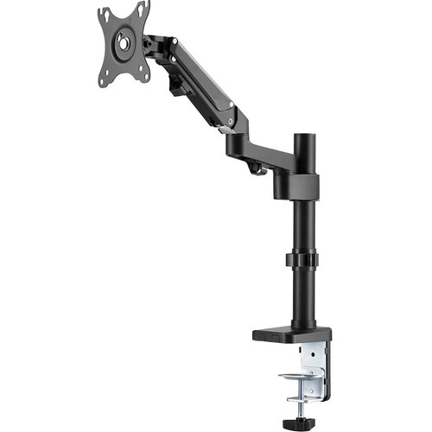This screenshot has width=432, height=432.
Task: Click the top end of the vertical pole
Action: tap(303, 138)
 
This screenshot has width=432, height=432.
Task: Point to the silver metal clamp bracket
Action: tap(312, 363)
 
